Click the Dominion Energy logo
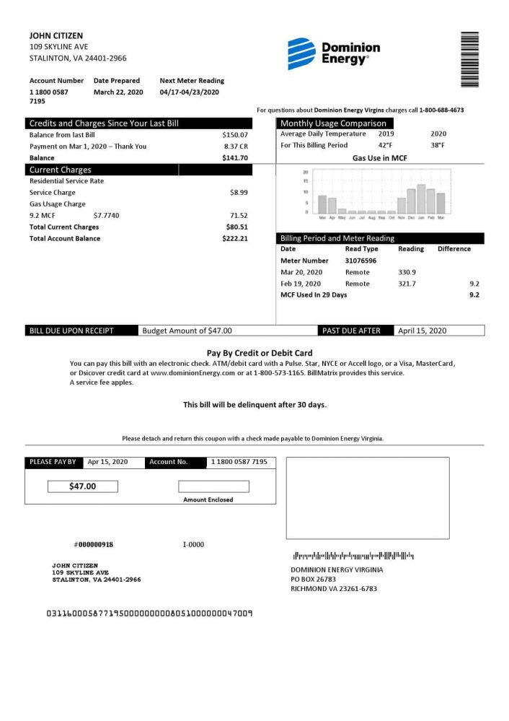point(333,53)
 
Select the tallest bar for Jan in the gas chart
point(421,199)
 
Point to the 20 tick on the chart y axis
point(306,172)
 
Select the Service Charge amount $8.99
point(239,193)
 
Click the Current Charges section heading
point(61,170)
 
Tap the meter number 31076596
point(360,261)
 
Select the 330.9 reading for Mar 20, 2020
point(407,272)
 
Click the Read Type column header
point(361,249)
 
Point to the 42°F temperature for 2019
point(385,145)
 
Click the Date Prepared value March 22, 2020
point(118,92)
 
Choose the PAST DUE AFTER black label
point(350,331)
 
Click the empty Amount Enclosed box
point(213,486)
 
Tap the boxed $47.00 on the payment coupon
point(82,486)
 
